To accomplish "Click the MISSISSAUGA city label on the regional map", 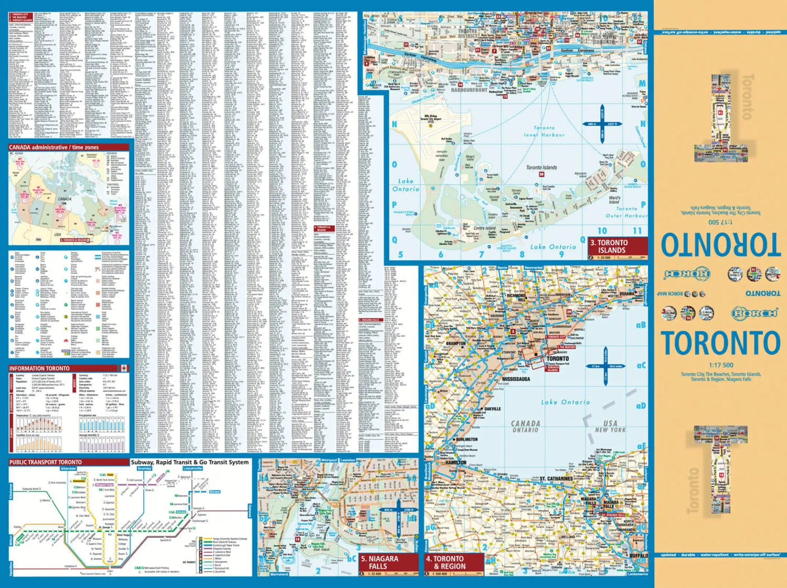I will (x=516, y=379).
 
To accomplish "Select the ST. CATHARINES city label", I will (x=556, y=478).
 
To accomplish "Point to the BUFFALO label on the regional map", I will (x=639, y=555).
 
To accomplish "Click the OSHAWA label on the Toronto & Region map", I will (x=627, y=294).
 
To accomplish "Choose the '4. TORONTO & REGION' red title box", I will (x=453, y=563).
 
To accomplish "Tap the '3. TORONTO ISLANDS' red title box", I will (x=617, y=246).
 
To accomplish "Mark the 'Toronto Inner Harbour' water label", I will (x=544, y=132).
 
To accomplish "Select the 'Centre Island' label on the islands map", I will (x=484, y=228).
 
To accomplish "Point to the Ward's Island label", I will (x=614, y=200).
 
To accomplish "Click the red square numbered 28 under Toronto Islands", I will (x=542, y=174).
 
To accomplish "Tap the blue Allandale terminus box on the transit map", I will (x=68, y=469).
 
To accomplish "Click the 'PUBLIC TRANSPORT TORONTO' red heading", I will (x=46, y=462).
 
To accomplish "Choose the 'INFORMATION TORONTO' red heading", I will (x=39, y=368).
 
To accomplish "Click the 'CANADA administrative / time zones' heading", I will (x=54, y=148).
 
